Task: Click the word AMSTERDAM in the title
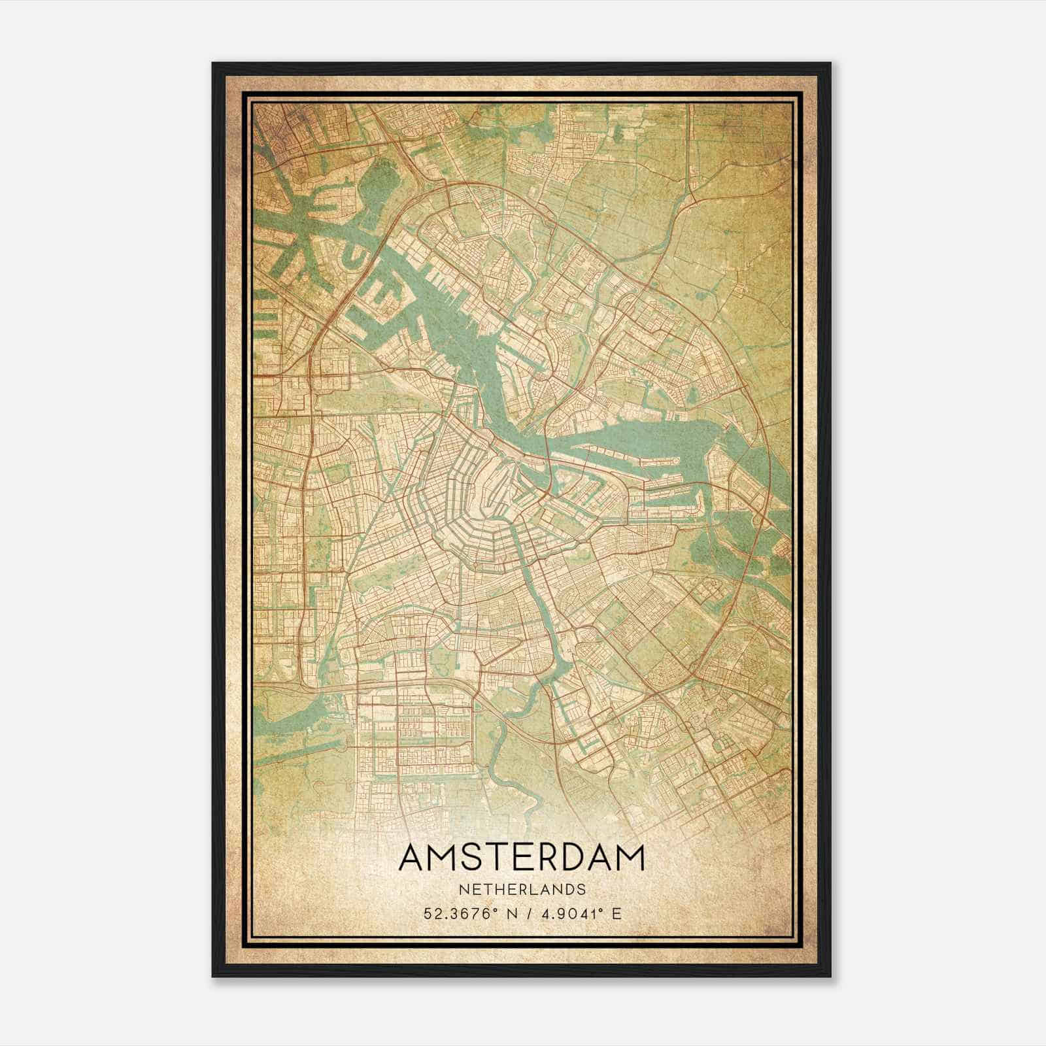click(x=521, y=857)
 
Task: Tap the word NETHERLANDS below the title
click(x=521, y=889)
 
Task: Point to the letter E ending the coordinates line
click(x=616, y=913)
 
